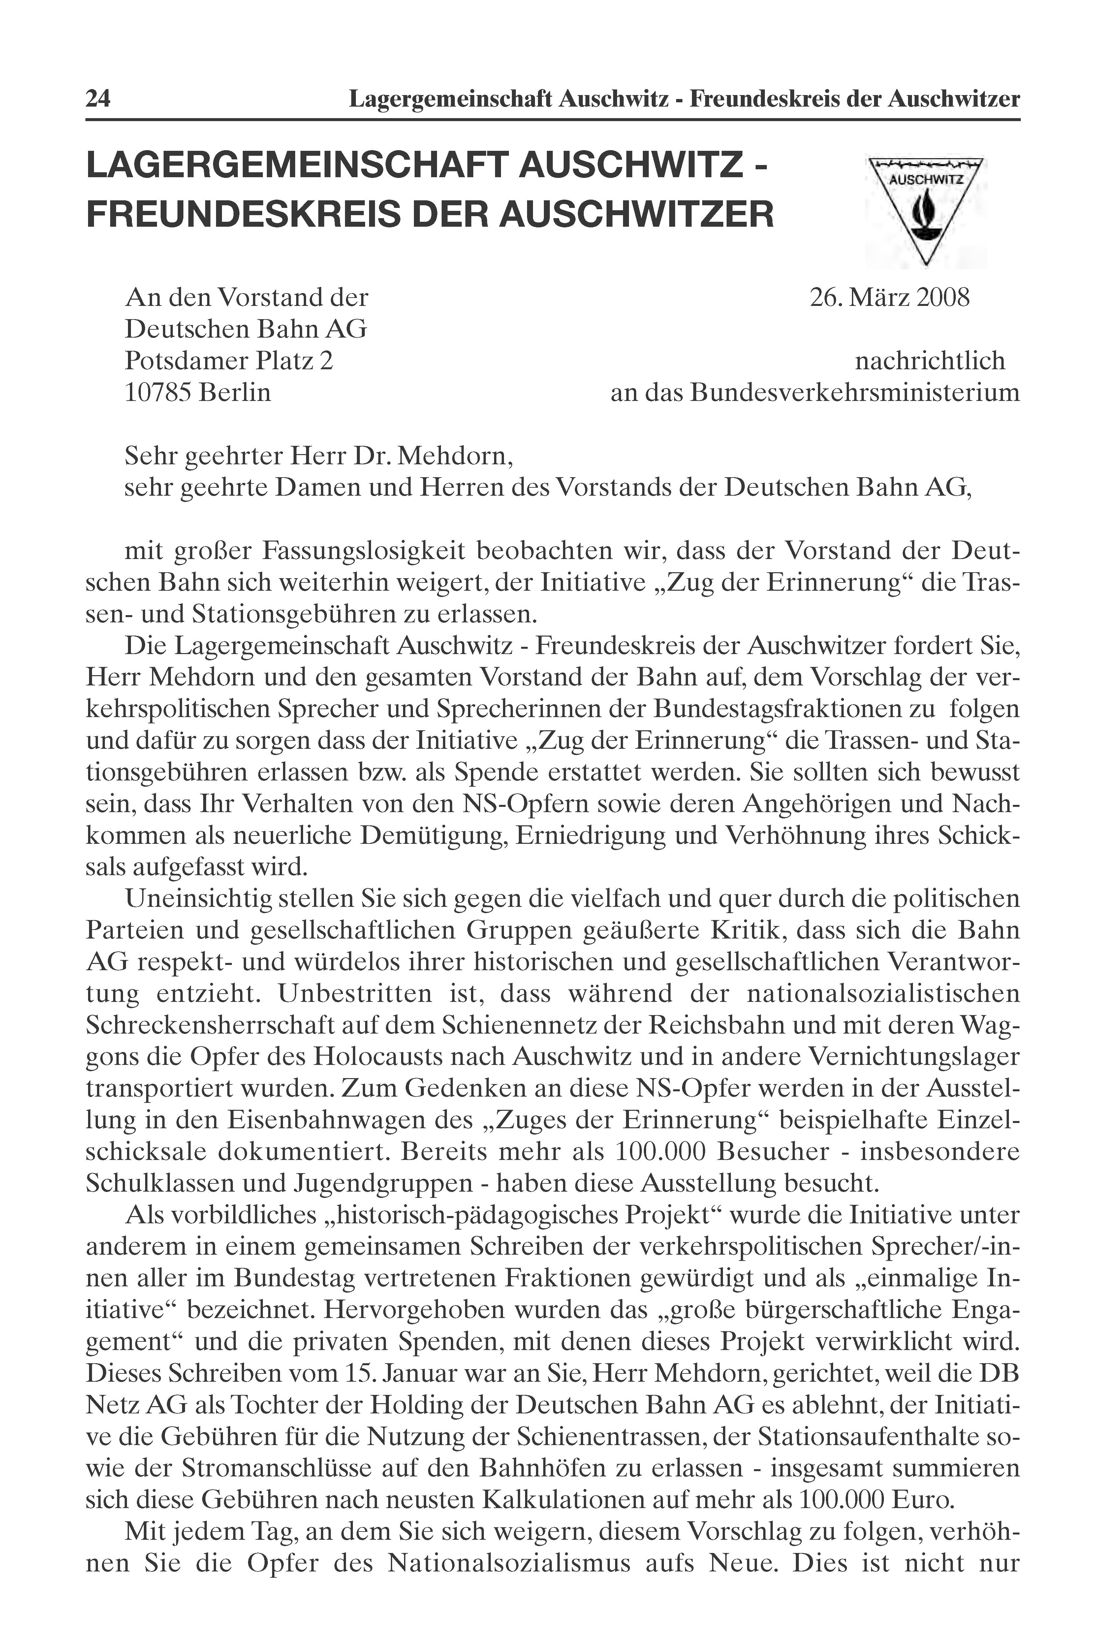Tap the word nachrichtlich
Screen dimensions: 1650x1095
pos(930,361)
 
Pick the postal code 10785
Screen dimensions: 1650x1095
pos(158,393)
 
